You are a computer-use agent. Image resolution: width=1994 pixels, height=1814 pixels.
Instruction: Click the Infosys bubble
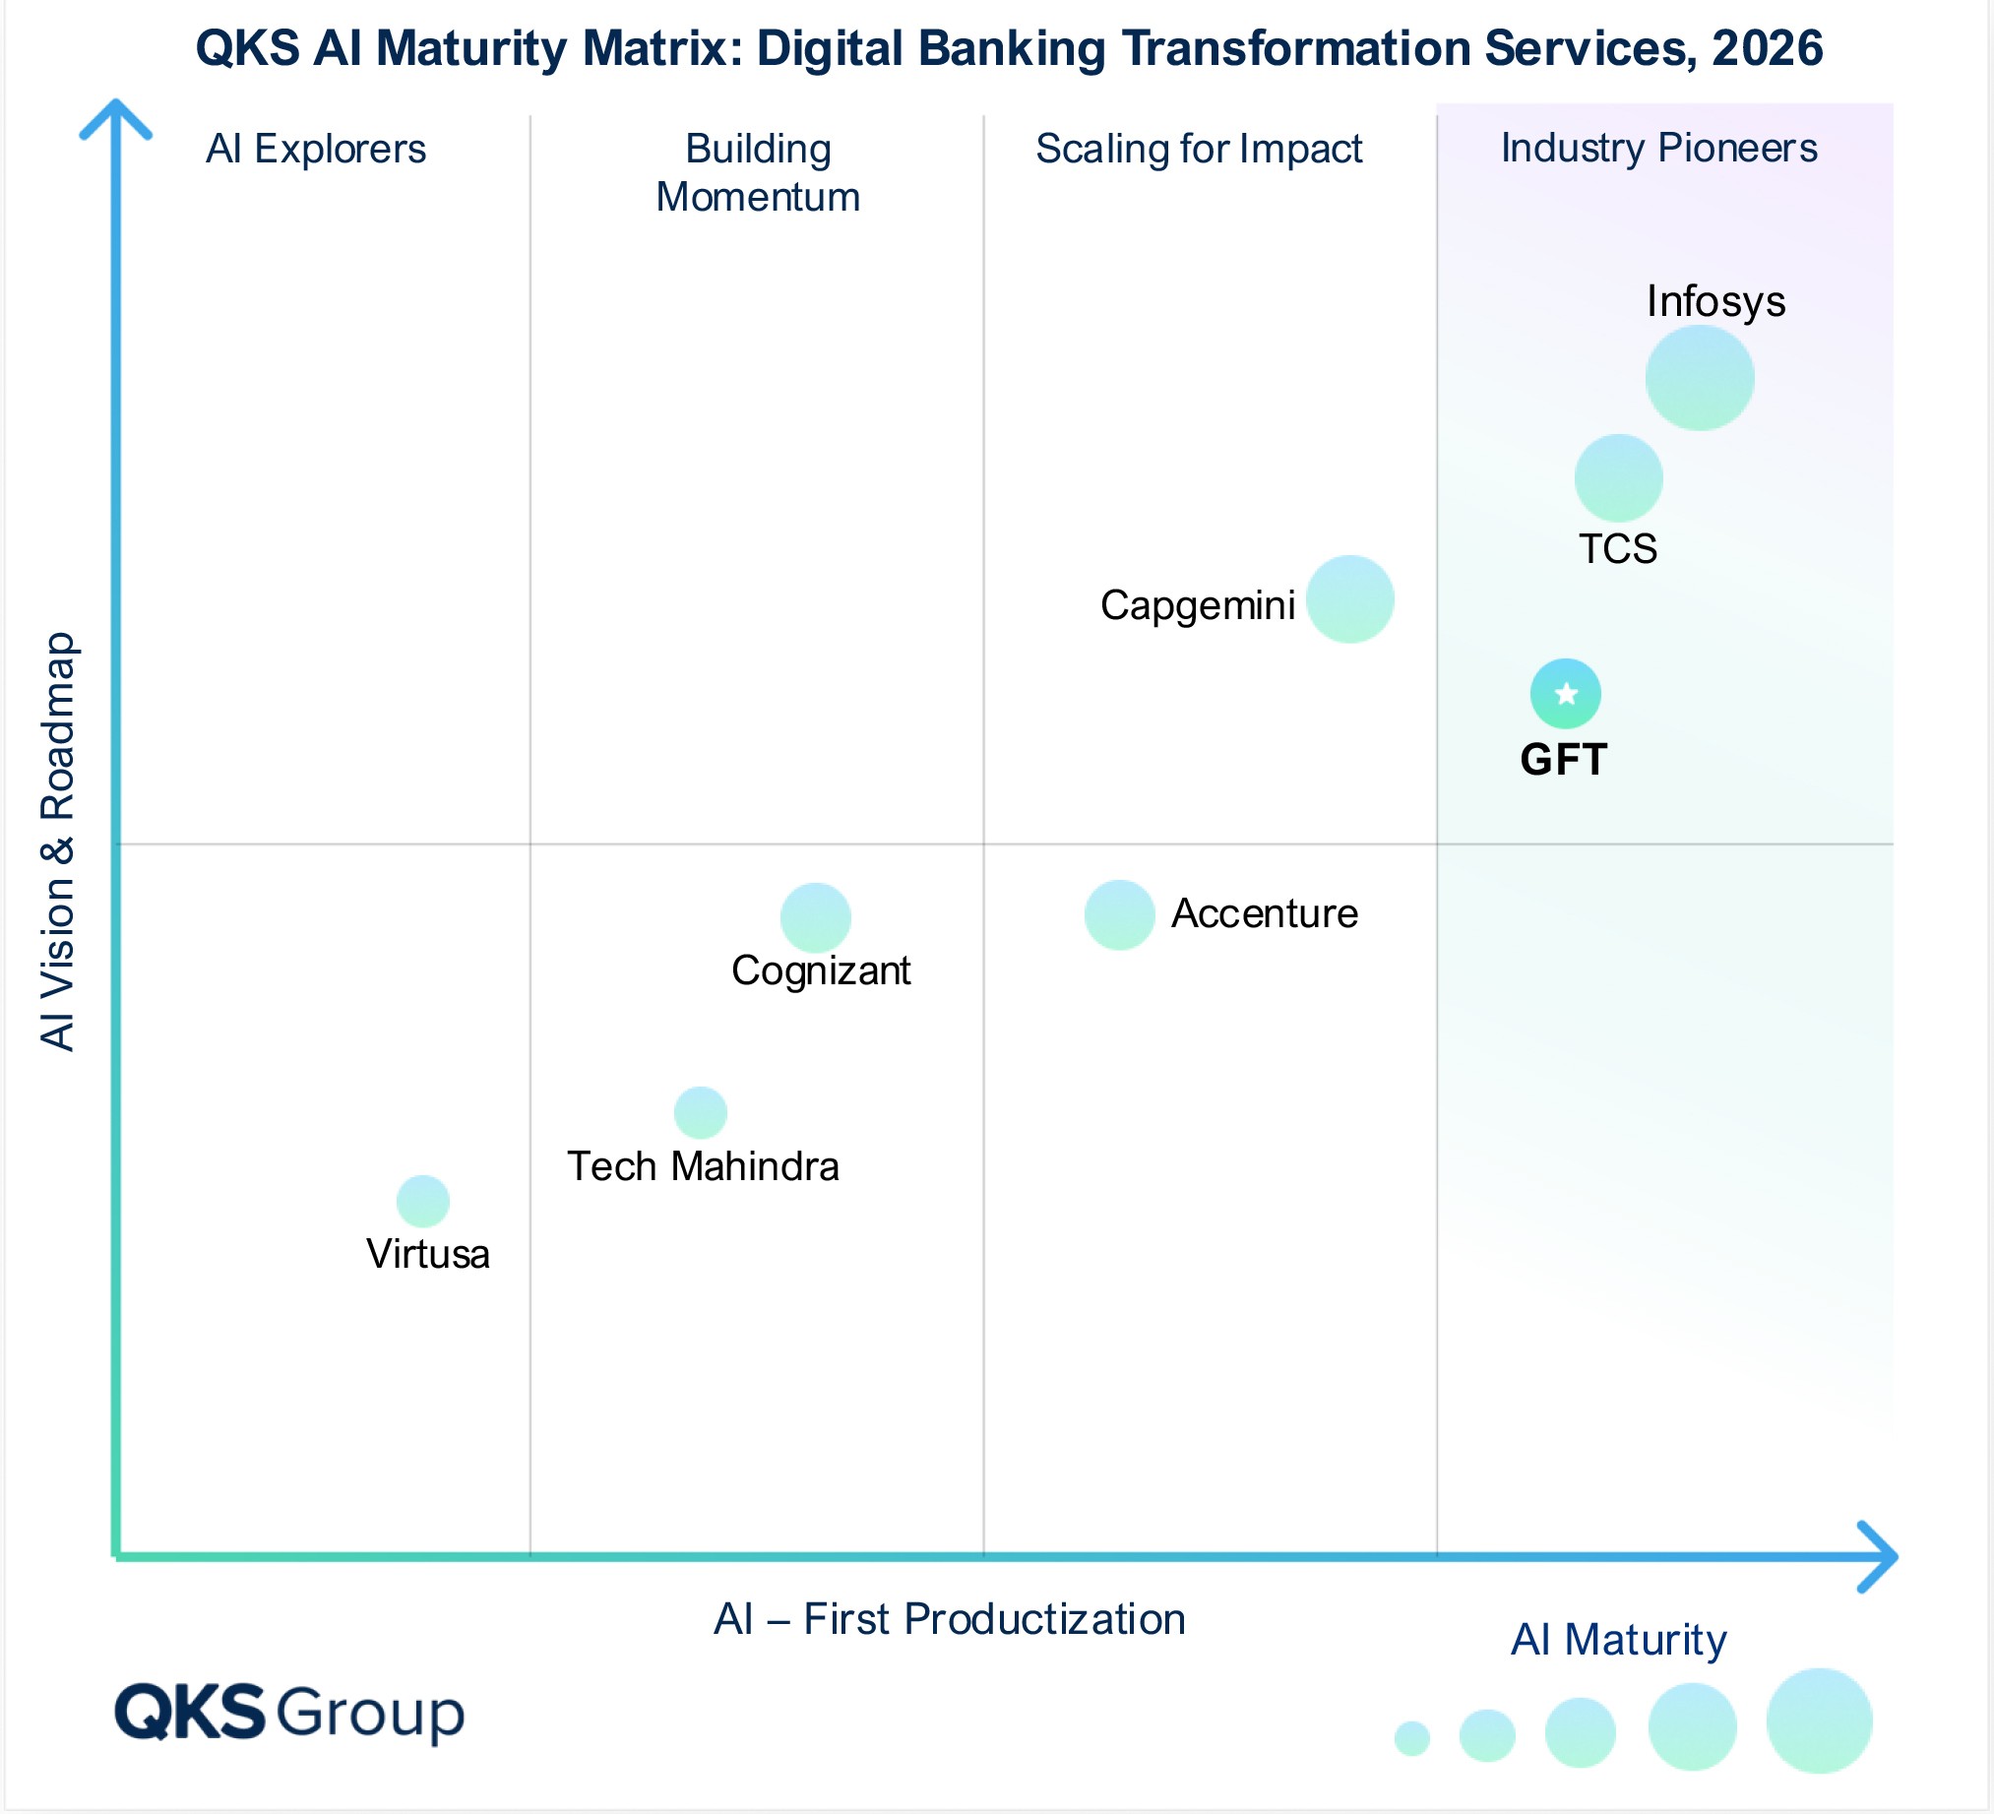(1700, 378)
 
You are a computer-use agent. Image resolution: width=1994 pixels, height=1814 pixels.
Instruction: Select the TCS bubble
(1618, 477)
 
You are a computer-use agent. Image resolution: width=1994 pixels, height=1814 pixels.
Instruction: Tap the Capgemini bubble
(1349, 599)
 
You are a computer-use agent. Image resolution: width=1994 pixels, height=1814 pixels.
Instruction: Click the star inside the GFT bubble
(1566, 694)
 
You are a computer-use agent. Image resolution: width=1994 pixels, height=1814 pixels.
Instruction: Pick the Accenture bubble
(1119, 915)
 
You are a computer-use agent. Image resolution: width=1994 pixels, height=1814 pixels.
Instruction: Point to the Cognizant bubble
(815, 918)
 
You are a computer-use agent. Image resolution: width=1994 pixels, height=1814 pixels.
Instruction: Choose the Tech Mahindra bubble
(701, 1113)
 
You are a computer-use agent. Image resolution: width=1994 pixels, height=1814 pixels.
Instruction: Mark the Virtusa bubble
(422, 1201)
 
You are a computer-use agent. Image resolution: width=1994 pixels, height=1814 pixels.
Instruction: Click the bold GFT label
(1563, 760)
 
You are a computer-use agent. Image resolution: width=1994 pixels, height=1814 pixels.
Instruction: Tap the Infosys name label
(1715, 300)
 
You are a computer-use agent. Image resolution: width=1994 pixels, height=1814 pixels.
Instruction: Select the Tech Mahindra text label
(703, 1166)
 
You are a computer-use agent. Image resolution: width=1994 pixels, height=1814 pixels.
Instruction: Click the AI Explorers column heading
(316, 150)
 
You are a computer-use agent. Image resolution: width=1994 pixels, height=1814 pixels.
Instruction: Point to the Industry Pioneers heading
(1658, 149)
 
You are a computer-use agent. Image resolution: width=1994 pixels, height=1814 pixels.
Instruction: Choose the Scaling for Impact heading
(1198, 150)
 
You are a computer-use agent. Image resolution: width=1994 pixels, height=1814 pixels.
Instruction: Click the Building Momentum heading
(758, 173)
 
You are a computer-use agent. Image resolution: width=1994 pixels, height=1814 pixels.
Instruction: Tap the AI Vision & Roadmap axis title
(57, 841)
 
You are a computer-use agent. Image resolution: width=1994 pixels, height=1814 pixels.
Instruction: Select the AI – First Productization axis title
(949, 1619)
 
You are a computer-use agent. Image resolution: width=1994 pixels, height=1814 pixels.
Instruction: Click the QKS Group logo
(288, 1712)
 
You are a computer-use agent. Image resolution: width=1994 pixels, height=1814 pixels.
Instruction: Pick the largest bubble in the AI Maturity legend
(1818, 1720)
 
